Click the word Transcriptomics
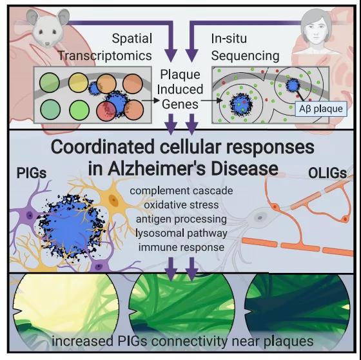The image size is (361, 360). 104,55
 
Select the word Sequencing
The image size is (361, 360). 245,55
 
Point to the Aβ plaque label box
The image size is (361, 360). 321,108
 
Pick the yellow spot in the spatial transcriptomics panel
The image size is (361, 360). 78,83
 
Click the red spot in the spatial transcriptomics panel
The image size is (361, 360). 106,111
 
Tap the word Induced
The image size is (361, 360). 180,90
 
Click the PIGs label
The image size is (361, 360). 32,173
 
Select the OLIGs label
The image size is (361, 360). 327,174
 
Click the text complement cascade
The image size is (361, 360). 181,191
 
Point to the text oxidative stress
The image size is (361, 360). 181,205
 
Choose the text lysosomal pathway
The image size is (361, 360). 181,234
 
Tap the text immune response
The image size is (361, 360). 181,247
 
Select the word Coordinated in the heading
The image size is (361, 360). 102,147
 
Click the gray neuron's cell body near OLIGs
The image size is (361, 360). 260,217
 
